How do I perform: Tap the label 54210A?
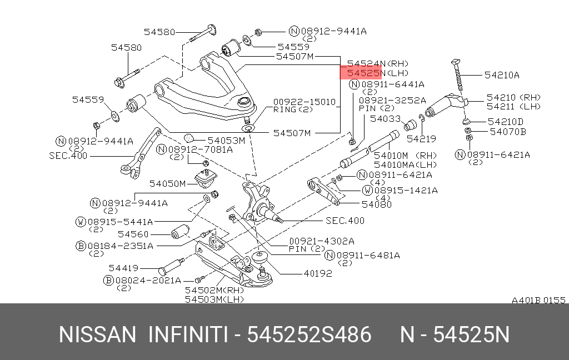[x=502, y=75]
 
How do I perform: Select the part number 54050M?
[x=168, y=184]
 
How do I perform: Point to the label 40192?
[x=318, y=273]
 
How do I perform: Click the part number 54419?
[x=124, y=268]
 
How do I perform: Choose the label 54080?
[x=377, y=204]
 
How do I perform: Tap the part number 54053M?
[x=227, y=141]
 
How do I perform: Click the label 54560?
[x=133, y=234]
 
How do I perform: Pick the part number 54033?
[x=386, y=119]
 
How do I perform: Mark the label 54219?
[x=421, y=139]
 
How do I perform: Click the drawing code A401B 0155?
[x=538, y=300]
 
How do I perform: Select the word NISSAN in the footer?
[x=97, y=334]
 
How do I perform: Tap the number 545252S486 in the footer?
[x=309, y=334]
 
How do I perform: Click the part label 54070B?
[x=508, y=132]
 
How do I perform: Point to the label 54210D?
[x=506, y=122]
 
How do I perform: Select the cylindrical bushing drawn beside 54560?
[x=180, y=232]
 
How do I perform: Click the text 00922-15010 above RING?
[x=305, y=102]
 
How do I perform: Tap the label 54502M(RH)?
[x=214, y=291]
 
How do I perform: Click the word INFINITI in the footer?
[x=188, y=334]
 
